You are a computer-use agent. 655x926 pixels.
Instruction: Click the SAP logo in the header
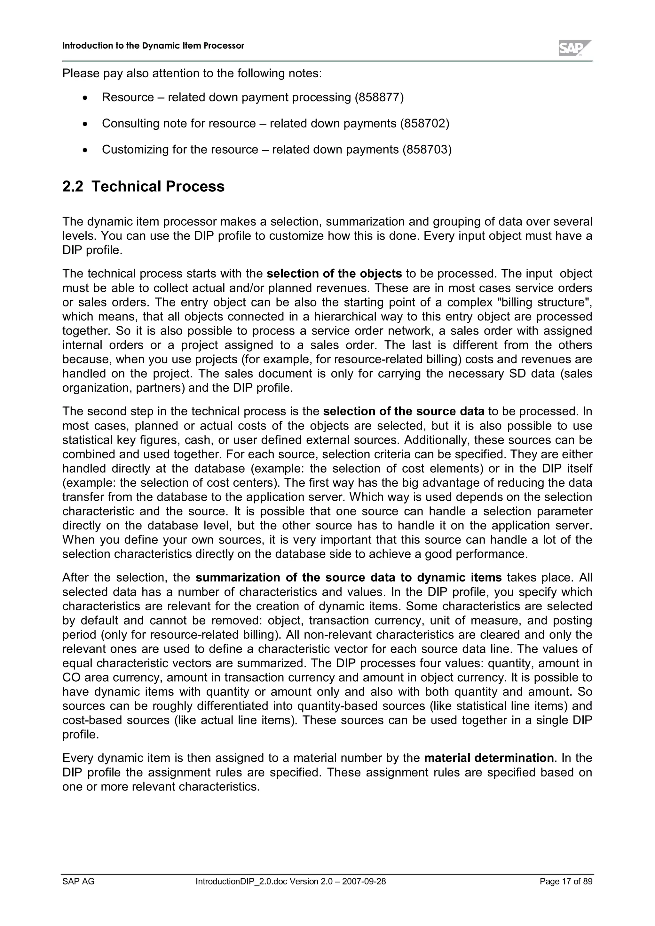(575, 48)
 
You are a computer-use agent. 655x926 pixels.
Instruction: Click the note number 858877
(379, 97)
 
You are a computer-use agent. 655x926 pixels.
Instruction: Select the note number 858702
(424, 123)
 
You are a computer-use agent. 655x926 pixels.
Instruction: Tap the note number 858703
(427, 150)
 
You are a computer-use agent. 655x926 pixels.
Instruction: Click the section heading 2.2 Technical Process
(143, 186)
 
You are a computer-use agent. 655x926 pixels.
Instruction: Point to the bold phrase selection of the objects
(334, 274)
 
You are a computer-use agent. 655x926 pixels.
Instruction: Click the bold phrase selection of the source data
(404, 411)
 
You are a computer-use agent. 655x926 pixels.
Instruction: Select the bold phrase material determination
(489, 758)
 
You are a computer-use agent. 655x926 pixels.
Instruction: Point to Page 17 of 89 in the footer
(566, 882)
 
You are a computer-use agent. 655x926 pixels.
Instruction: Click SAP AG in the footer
(78, 882)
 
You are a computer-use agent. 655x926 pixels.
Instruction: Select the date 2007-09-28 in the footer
(364, 882)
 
